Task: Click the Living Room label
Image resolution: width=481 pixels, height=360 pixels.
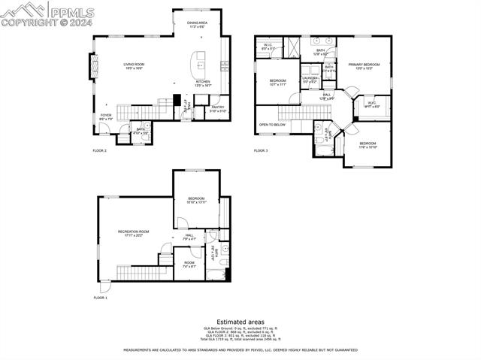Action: tap(134, 67)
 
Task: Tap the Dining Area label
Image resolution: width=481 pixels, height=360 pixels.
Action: tap(197, 25)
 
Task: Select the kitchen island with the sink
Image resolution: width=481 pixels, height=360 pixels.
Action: tap(201, 59)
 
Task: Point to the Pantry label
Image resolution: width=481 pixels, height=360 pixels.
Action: tap(218, 109)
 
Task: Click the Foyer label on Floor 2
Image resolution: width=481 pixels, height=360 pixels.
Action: tap(106, 116)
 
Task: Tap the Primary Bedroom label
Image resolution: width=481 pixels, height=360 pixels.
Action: tap(364, 66)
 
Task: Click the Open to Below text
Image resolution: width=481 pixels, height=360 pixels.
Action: tap(272, 125)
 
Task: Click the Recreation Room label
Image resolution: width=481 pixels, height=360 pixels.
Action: tap(134, 233)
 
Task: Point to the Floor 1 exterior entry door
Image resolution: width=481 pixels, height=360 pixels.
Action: tap(104, 287)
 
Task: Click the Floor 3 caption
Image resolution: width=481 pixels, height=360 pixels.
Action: tap(260, 151)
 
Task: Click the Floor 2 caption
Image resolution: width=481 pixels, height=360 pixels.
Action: tap(100, 151)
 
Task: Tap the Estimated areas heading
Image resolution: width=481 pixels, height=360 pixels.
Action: tap(240, 322)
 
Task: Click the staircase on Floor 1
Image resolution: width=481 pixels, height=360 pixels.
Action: tap(136, 271)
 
